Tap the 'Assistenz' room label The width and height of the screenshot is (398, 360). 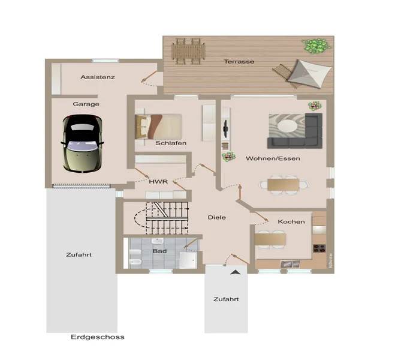pyautogui.click(x=97, y=77)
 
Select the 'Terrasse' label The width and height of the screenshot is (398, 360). pyautogui.click(x=239, y=62)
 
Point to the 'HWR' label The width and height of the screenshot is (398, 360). pyautogui.click(x=158, y=181)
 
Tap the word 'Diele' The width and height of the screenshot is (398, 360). pyautogui.click(x=216, y=217)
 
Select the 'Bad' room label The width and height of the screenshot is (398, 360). pyautogui.click(x=159, y=251)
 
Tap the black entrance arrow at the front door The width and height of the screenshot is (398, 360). pyautogui.click(x=236, y=273)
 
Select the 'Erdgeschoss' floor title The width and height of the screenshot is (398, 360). pyautogui.click(x=97, y=337)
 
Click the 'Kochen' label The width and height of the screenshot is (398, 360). pyautogui.click(x=291, y=222)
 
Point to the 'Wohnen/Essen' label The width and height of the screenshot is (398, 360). pyautogui.click(x=273, y=159)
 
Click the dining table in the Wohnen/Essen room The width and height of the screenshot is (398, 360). pyautogui.click(x=284, y=185)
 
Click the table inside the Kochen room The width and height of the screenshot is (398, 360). pyautogui.click(x=271, y=239)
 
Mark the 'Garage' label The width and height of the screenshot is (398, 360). pyautogui.click(x=86, y=104)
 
